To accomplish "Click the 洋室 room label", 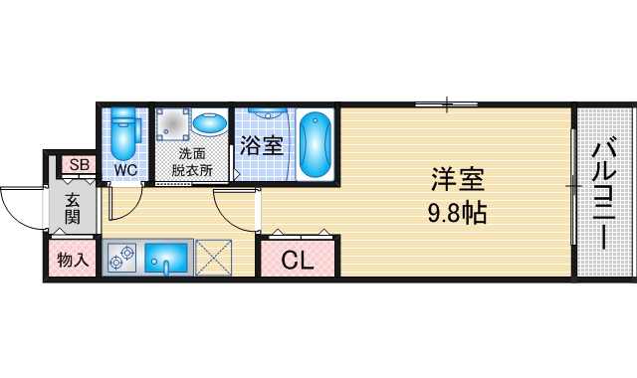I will pos(457,180).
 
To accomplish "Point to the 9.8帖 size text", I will pos(457,212).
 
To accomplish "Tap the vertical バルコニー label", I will pos(603,195).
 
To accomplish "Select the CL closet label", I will pos(298,262).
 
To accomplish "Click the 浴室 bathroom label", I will pos(261,145).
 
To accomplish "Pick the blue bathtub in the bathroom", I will pos(316,145).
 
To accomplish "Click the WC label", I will pos(124,170).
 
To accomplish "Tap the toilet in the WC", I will pos(123,133).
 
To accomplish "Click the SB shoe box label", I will pos(79,166).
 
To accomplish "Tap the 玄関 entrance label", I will pos(73,208).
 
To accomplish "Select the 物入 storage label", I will pos(73,262).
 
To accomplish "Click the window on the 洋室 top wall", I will pos(447,102).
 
